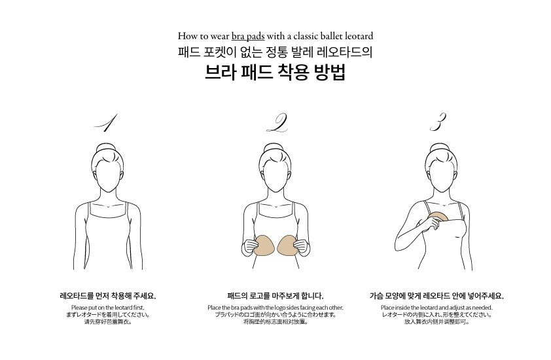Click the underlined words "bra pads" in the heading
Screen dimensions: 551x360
coord(248,36)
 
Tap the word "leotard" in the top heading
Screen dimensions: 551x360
coord(359,36)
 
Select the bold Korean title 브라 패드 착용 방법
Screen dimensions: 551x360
coord(275,72)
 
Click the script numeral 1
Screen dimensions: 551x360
coord(106,122)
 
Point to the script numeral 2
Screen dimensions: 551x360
coord(277,122)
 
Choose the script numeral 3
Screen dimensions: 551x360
coord(438,122)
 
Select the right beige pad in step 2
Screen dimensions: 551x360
coord(287,245)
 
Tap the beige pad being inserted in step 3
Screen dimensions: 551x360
coord(438,216)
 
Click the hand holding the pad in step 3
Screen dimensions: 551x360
coord(431,224)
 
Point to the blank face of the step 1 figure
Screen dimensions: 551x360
coord(108,175)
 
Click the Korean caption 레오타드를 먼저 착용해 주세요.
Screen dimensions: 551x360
coord(108,296)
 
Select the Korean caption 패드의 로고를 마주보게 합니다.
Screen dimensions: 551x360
coord(275,296)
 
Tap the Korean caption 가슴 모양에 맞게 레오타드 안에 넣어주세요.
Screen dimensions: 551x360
coord(436,296)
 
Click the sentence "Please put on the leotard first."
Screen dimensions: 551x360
coord(108,308)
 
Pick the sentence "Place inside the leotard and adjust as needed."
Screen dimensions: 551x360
coord(436,308)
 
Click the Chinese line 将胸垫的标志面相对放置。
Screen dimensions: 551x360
coord(275,321)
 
